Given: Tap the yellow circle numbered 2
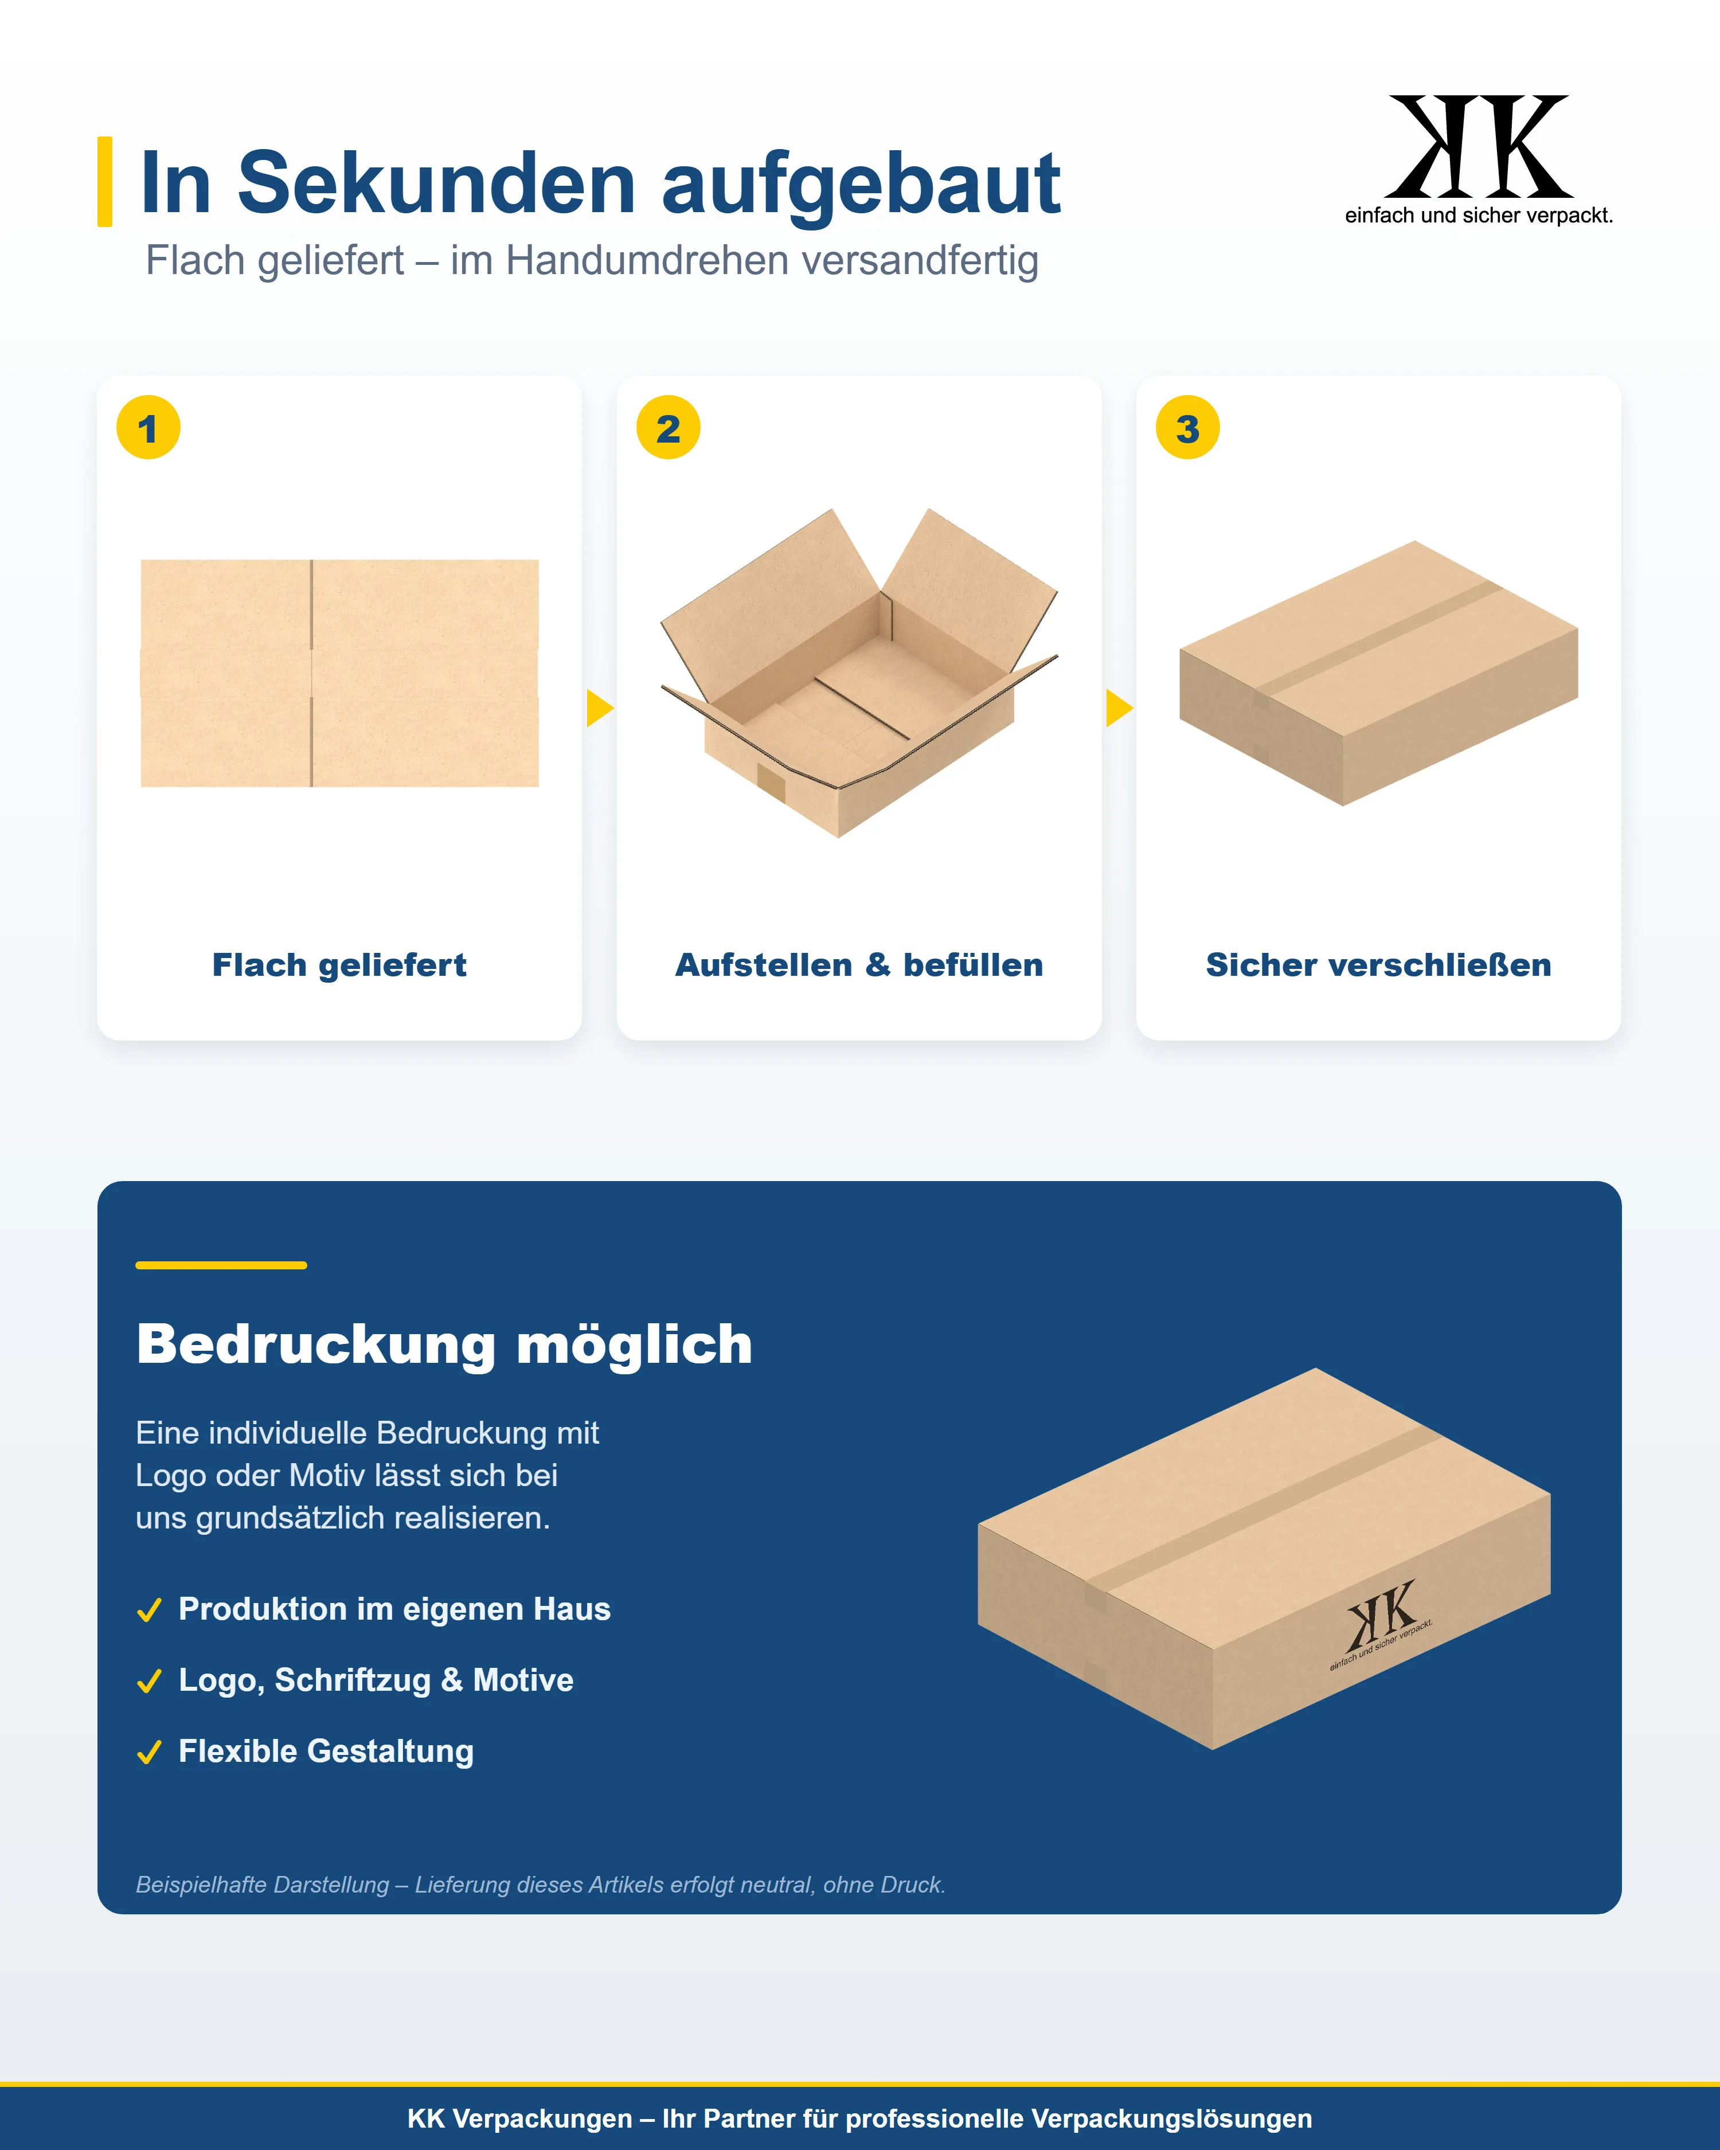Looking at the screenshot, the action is point(668,428).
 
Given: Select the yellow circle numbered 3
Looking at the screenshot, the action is point(1187,428).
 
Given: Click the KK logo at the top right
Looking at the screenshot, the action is point(1479,159).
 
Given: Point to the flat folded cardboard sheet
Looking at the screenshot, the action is point(340,673).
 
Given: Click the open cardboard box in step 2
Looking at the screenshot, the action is point(858,673).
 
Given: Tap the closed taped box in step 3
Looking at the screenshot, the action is point(1378,673).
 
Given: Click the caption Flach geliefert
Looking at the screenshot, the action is point(339,965).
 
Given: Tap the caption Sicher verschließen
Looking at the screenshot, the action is point(1378,965).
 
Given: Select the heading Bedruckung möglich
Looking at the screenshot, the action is point(445,1344).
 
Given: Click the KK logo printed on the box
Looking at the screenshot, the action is point(1381,1624).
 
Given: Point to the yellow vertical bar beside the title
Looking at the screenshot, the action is point(105,182).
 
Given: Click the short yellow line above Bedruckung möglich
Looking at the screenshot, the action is point(221,1265).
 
